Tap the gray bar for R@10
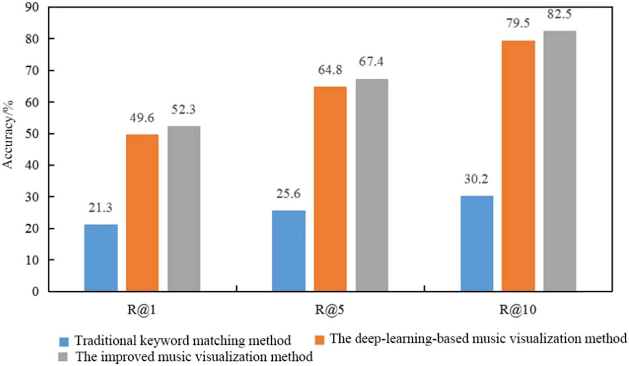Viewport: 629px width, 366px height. click(x=560, y=161)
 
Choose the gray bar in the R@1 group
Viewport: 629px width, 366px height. click(x=184, y=208)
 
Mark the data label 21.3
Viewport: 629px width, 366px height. click(x=101, y=209)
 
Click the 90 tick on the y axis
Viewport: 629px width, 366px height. click(x=35, y=7)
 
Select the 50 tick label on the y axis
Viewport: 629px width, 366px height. click(x=35, y=134)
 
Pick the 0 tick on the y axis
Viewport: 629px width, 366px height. click(x=38, y=291)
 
